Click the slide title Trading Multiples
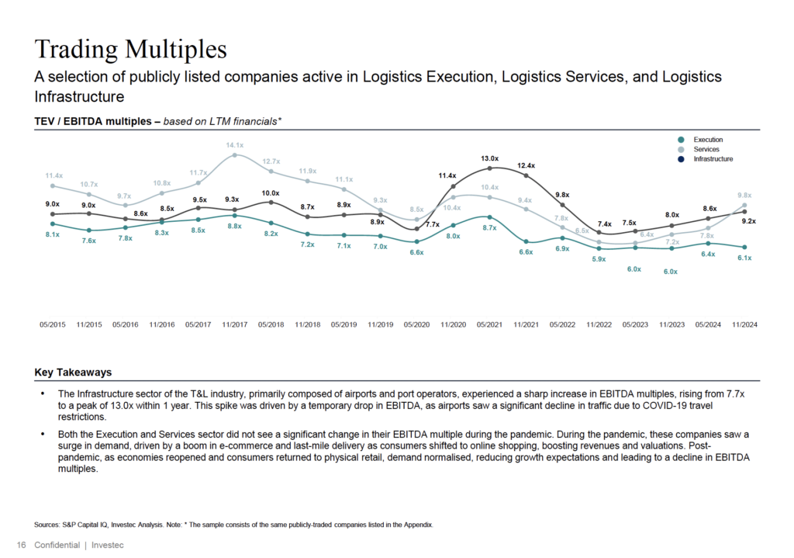130,49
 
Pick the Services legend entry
706,149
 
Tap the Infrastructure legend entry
713,158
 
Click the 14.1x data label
234,145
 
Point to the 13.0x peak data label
489,158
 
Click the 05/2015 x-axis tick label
52,324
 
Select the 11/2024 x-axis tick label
744,324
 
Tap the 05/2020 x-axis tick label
416,324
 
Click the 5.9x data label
599,259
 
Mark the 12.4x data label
526,165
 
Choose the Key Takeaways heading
73,373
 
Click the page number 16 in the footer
21,545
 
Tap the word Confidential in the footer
57,545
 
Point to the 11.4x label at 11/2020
447,176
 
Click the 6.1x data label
744,258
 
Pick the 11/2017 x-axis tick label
234,324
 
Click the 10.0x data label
270,192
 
